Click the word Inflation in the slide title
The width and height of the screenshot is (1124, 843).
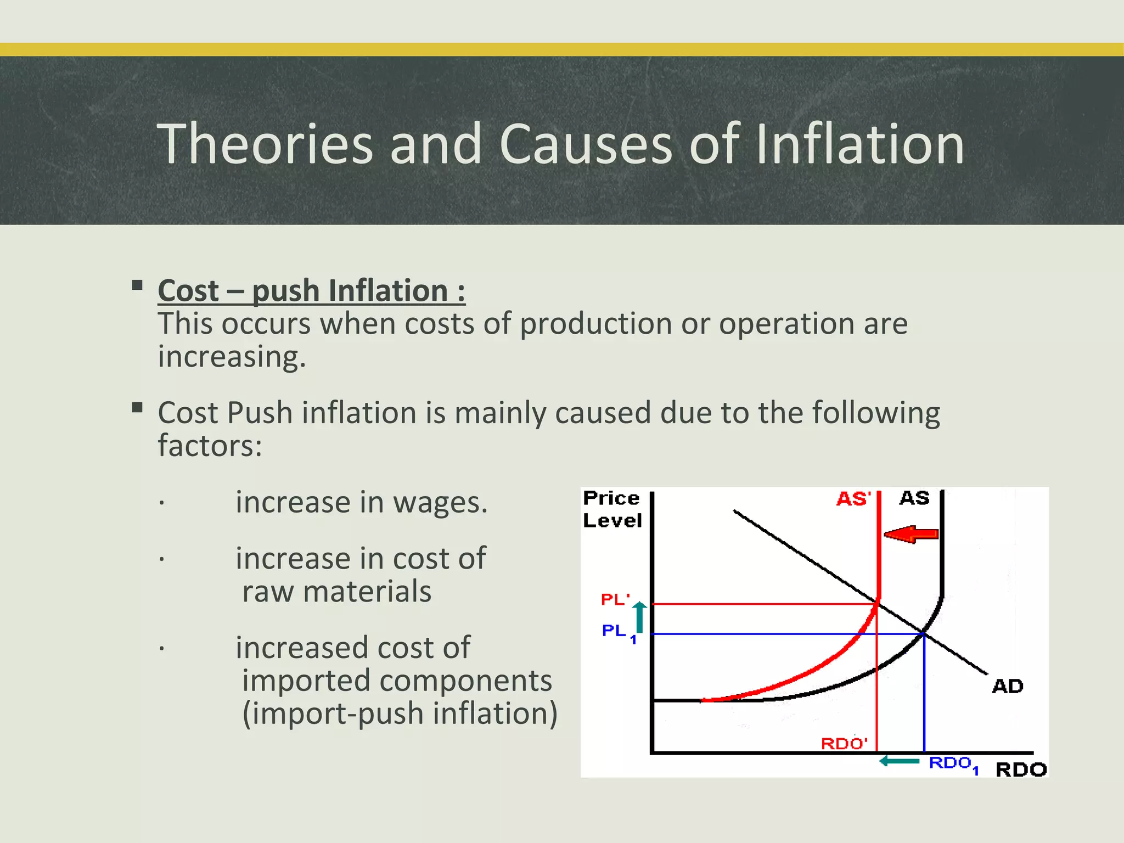(x=859, y=144)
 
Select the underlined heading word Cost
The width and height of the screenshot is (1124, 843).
(x=188, y=291)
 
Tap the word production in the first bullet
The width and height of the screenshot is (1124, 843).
(x=595, y=324)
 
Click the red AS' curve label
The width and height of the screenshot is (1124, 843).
(x=853, y=499)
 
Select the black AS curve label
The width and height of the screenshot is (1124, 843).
(x=914, y=498)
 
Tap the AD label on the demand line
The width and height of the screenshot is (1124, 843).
(x=1008, y=686)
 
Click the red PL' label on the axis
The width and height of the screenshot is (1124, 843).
(x=615, y=599)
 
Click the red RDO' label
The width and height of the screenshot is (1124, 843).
(x=844, y=744)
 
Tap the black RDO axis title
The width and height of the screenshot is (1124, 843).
(x=1021, y=769)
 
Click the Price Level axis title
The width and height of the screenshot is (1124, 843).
(x=612, y=509)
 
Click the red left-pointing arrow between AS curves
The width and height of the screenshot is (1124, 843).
(x=911, y=534)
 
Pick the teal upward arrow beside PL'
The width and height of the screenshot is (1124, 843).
(x=640, y=617)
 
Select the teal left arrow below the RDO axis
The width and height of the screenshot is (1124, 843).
(x=900, y=761)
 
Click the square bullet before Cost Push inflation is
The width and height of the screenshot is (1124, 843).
(x=137, y=408)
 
